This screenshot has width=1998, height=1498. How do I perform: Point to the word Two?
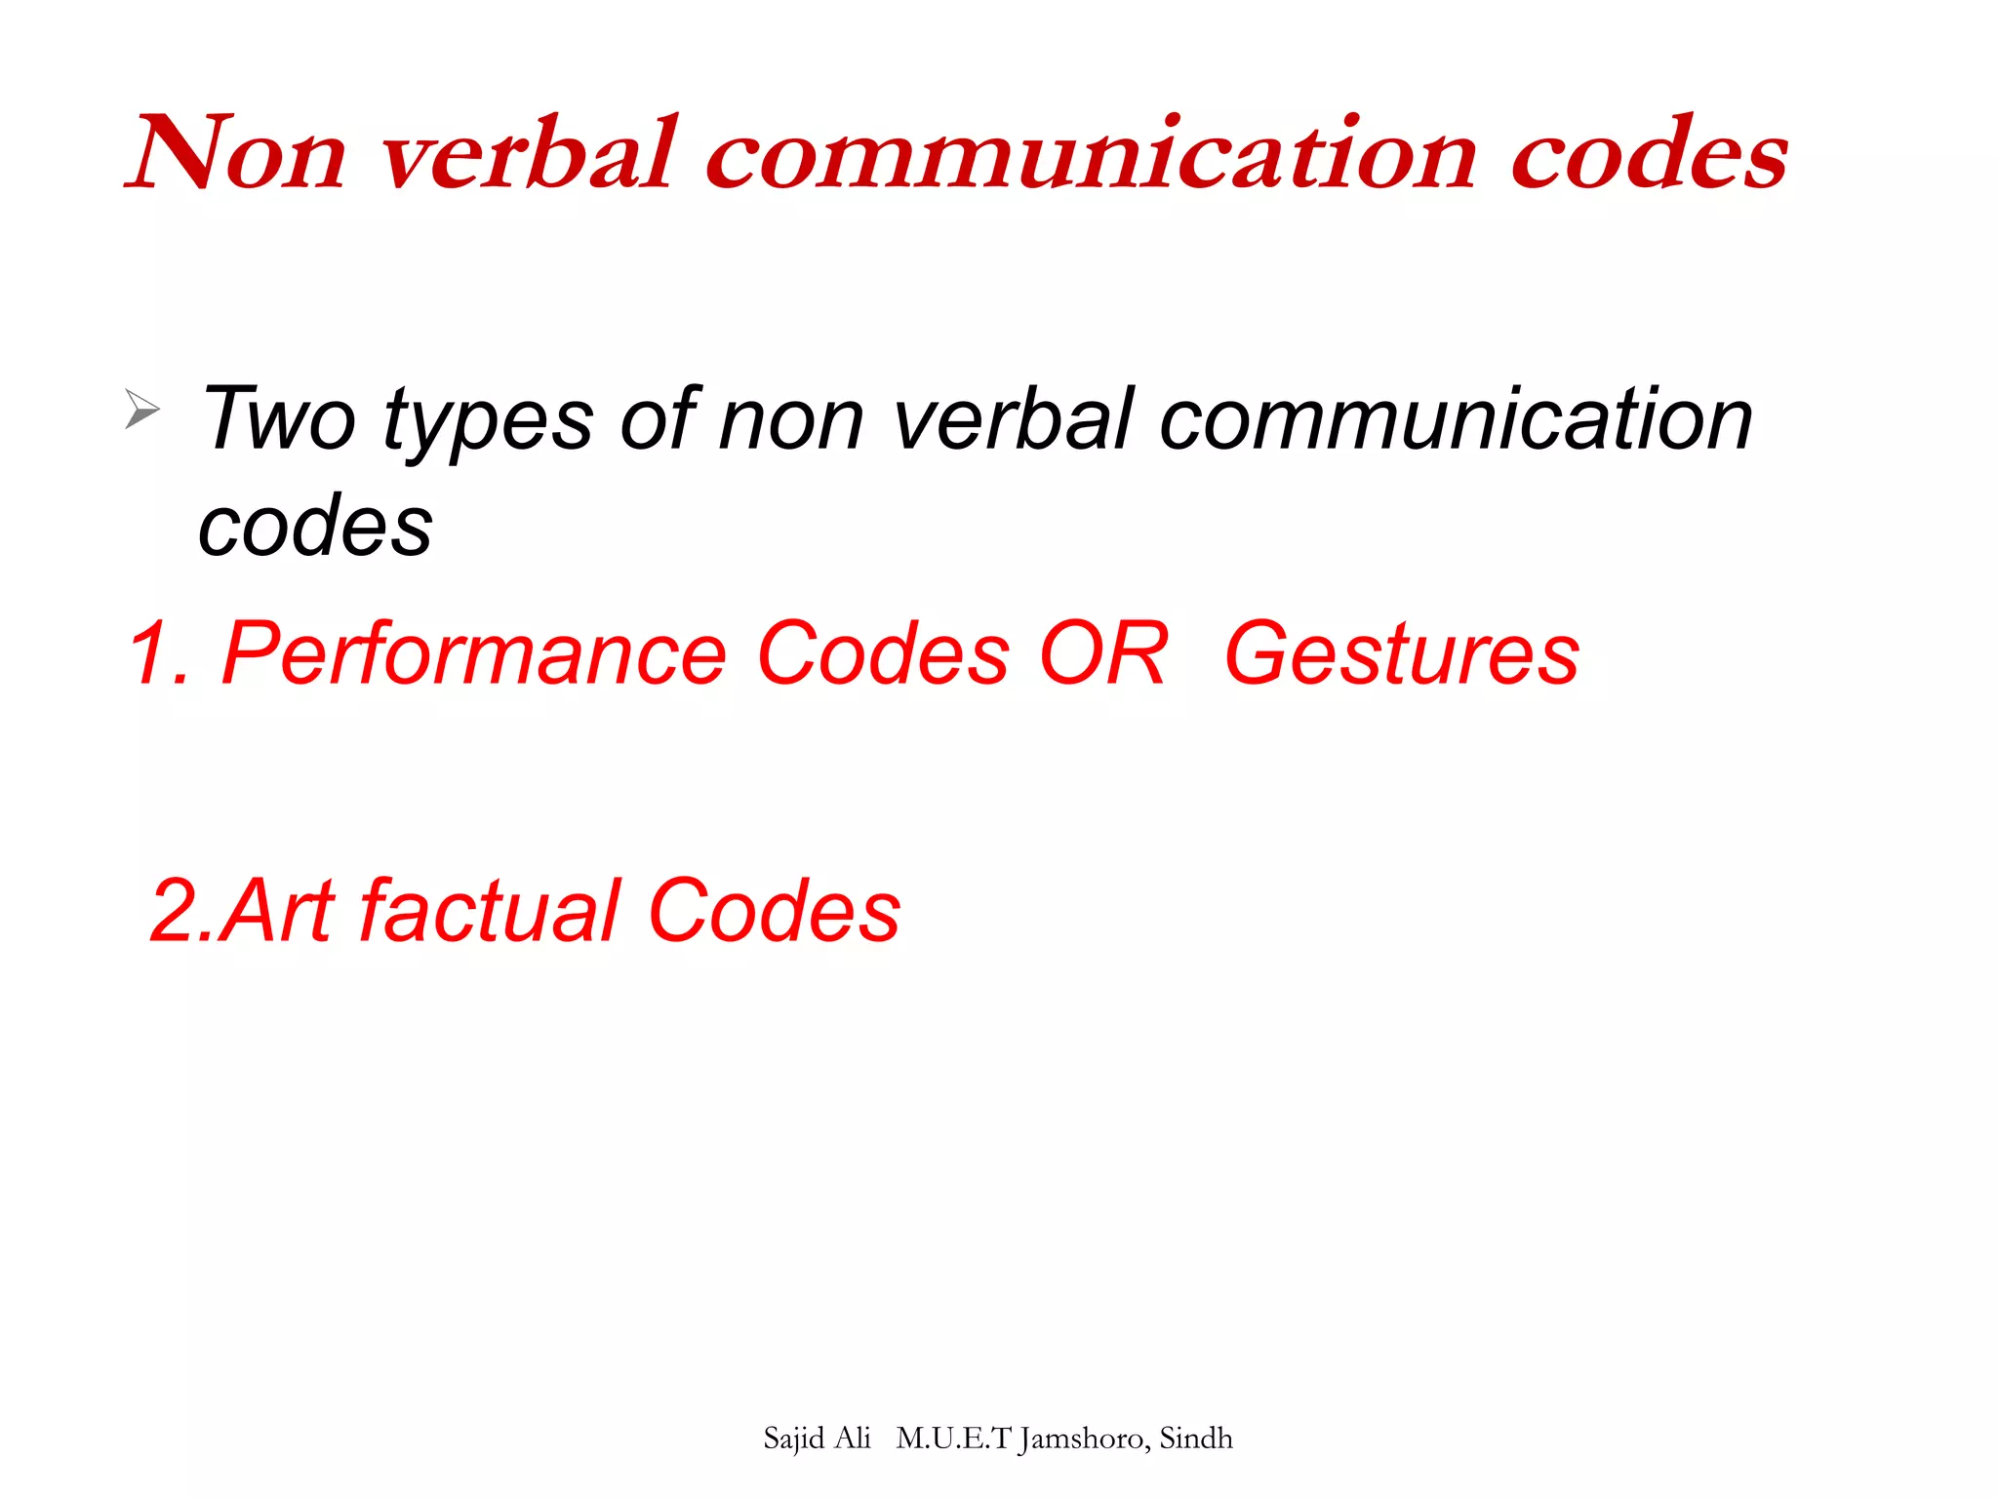coord(279,419)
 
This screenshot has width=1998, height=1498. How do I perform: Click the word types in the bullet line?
coord(488,421)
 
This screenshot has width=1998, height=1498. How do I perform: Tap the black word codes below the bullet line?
coord(315,527)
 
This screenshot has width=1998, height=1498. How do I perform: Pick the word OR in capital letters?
coord(1103,653)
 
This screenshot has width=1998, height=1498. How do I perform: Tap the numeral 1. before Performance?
coord(159,653)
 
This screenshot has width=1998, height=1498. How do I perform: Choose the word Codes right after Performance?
coord(883,653)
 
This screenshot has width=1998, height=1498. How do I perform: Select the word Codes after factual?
coord(774,911)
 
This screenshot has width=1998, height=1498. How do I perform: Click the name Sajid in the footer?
coord(794,1439)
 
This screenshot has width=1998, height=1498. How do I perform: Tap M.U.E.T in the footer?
coord(953,1439)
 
